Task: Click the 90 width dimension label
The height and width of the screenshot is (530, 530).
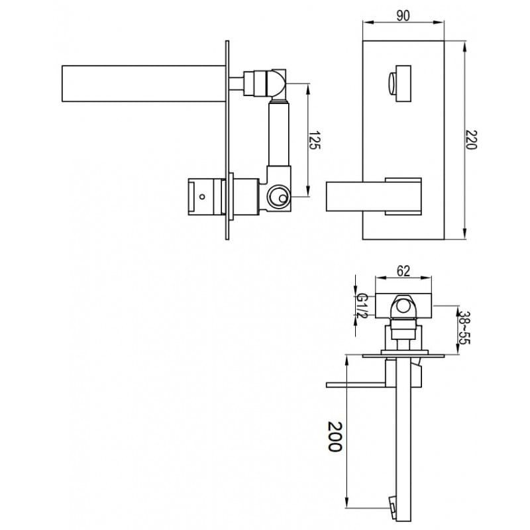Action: [x=403, y=15]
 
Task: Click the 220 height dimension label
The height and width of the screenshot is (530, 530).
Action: [x=471, y=139]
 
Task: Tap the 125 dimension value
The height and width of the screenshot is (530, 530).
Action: [x=314, y=140]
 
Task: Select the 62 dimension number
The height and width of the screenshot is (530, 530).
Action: [x=403, y=271]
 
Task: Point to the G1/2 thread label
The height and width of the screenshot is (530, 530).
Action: [x=362, y=305]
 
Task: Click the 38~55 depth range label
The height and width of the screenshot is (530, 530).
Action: [x=464, y=327]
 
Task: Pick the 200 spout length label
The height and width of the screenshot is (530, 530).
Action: [x=335, y=437]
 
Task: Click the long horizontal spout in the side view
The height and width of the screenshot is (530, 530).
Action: [x=144, y=83]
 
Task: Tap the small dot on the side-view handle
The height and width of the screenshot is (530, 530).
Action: [x=202, y=196]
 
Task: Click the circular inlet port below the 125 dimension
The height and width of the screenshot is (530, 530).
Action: [x=278, y=196]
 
